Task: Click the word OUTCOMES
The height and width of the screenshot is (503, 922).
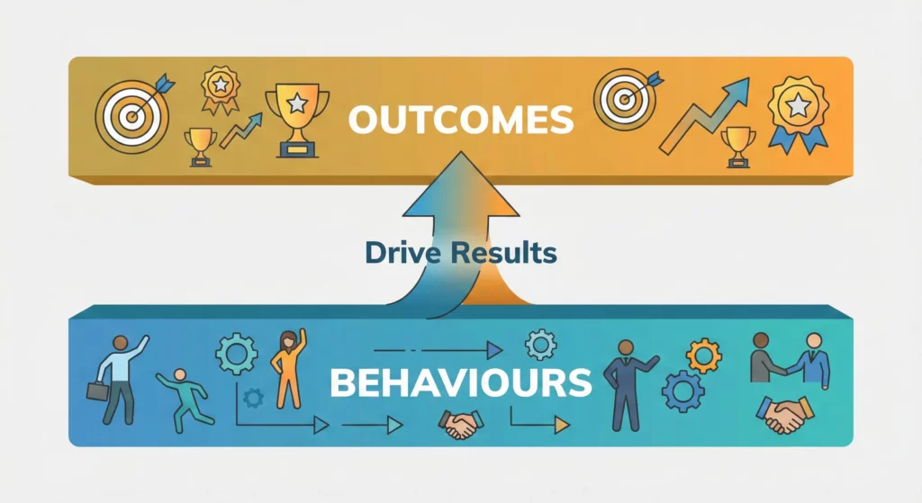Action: coord(461,119)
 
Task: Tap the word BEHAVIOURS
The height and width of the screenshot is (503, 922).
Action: coord(460,382)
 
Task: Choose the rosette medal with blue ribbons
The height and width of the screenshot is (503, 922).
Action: coord(797,115)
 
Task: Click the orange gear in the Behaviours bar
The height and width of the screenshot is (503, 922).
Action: coord(703,355)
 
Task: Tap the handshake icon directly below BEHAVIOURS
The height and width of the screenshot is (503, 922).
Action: coord(459,425)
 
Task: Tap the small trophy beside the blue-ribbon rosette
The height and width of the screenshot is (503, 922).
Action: coord(738,144)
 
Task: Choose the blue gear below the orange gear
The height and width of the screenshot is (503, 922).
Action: coord(682,391)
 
